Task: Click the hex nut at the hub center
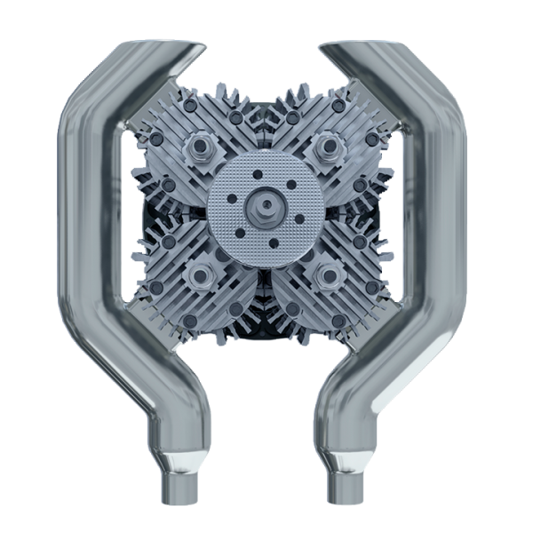pyautogui.click(x=266, y=210)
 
